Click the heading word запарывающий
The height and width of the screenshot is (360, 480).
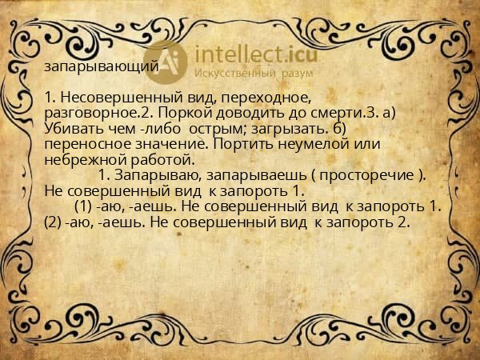click(102, 68)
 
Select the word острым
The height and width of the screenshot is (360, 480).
click(205, 129)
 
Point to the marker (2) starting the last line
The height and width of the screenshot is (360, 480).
click(55, 222)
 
